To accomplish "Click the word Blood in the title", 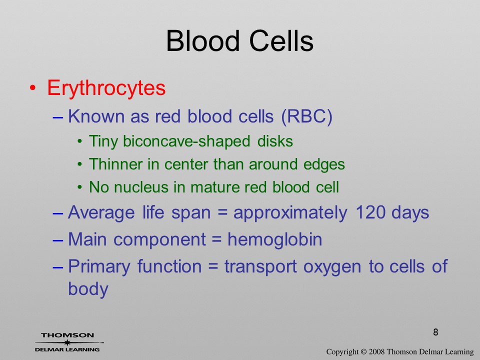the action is [x=202, y=41].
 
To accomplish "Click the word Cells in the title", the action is [x=281, y=41].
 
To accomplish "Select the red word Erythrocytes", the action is [x=106, y=88].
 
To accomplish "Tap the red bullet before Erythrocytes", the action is [x=33, y=88].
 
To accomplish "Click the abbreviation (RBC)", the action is [x=306, y=116].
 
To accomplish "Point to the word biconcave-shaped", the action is [x=186, y=141].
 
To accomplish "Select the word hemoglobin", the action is [x=274, y=239].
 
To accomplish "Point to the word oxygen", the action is [x=332, y=267].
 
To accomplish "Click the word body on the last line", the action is [x=88, y=289].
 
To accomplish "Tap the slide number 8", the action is [x=435, y=332].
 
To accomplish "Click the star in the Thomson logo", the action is [x=67, y=342].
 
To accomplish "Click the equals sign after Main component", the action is [x=216, y=239].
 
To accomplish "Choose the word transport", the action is [x=260, y=267].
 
